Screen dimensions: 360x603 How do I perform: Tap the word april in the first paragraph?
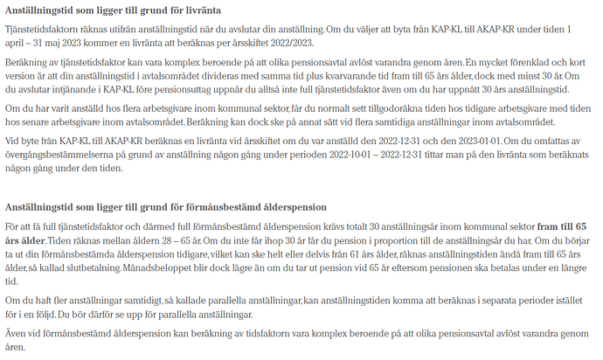pos(17,44)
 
